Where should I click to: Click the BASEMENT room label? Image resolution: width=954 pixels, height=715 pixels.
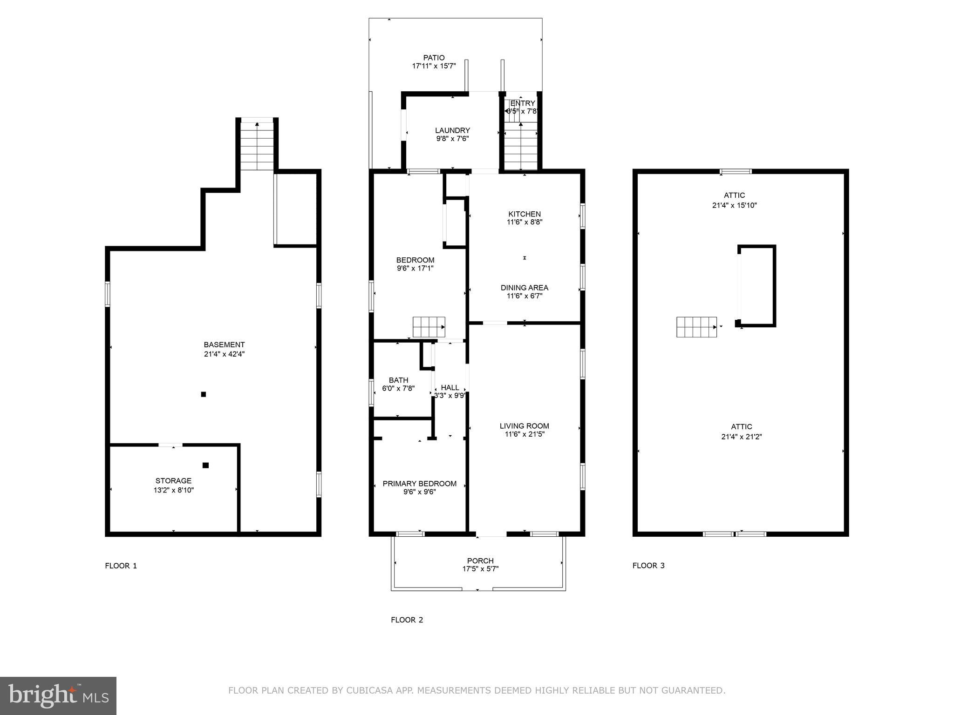(x=224, y=345)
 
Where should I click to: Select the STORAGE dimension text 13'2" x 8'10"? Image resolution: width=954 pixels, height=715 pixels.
(x=174, y=490)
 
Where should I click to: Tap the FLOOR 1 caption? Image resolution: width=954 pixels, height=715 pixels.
(x=121, y=566)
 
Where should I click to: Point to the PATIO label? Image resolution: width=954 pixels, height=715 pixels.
(x=434, y=58)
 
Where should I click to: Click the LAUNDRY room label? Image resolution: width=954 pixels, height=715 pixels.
(x=452, y=130)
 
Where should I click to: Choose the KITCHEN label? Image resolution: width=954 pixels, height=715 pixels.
(x=525, y=214)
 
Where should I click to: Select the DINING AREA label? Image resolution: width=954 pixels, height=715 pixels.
(x=525, y=288)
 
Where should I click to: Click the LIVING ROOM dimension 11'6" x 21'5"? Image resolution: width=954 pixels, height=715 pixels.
(x=525, y=434)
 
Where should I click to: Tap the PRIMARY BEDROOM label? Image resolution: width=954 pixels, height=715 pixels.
(x=419, y=484)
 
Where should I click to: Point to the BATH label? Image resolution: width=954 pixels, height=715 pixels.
(x=398, y=380)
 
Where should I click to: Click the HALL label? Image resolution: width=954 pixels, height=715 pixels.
(x=450, y=387)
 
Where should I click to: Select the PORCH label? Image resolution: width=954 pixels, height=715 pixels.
(x=480, y=561)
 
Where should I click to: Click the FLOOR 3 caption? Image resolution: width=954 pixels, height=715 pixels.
(x=648, y=566)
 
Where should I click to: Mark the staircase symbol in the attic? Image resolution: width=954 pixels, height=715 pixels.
(x=696, y=327)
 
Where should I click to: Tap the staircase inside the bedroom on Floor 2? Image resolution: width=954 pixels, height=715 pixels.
(x=429, y=327)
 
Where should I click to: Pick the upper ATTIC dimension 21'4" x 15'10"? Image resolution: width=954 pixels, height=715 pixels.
(x=734, y=205)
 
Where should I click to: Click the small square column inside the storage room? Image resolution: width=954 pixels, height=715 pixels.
(x=205, y=465)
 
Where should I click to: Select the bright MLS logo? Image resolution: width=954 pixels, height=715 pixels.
(x=58, y=696)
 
